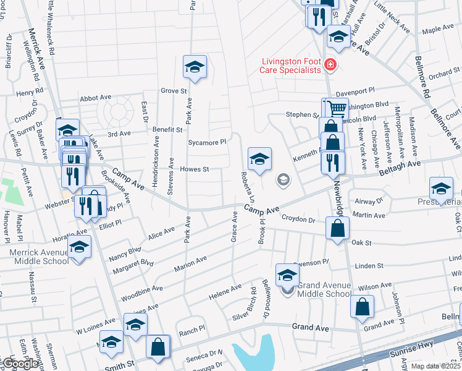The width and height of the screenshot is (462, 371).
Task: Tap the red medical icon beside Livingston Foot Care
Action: point(330,65)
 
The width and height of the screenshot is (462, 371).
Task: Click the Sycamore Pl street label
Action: point(207,142)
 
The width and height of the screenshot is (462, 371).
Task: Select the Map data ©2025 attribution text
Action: point(436,366)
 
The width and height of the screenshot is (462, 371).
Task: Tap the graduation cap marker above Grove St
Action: point(195,67)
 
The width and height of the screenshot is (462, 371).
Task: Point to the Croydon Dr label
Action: point(299,220)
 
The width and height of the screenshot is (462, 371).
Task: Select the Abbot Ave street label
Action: point(95,98)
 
